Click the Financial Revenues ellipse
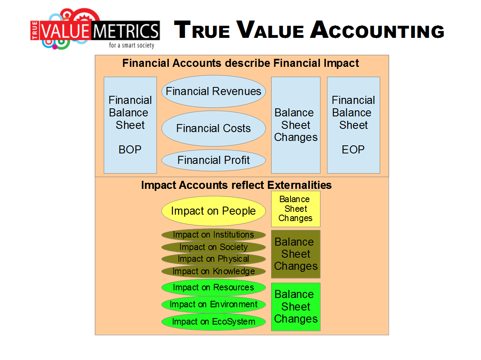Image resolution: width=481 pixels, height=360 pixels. pos(214,91)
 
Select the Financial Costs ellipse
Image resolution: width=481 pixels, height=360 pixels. pos(214,128)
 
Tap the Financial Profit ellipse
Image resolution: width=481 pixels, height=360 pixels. pos(214,160)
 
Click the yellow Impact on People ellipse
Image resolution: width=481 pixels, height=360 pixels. pos(214,211)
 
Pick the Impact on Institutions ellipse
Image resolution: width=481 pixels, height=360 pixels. pos(214,235)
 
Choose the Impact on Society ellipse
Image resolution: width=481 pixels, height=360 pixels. pos(214,247)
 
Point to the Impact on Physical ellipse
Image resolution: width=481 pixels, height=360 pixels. pos(214,259)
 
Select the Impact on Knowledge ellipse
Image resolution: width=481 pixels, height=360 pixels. pos(214,271)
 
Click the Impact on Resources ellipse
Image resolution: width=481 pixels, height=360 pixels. pos(214,288)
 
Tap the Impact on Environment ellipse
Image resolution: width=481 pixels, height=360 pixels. pos(214,304)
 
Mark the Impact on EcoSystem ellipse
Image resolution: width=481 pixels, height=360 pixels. pos(214,322)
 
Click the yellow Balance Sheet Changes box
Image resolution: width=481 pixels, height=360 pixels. pos(296,209)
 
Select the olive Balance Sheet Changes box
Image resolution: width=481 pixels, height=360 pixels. pos(296,254)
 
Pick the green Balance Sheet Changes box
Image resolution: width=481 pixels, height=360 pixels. pos(296,306)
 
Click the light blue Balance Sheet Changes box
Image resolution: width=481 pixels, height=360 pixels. pos(296,125)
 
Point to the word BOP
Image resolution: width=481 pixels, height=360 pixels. pos(130,150)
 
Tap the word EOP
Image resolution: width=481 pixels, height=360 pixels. pos(353,150)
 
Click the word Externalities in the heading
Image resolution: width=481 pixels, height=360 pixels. pos(299,185)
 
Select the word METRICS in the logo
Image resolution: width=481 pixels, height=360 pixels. pos(126,31)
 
